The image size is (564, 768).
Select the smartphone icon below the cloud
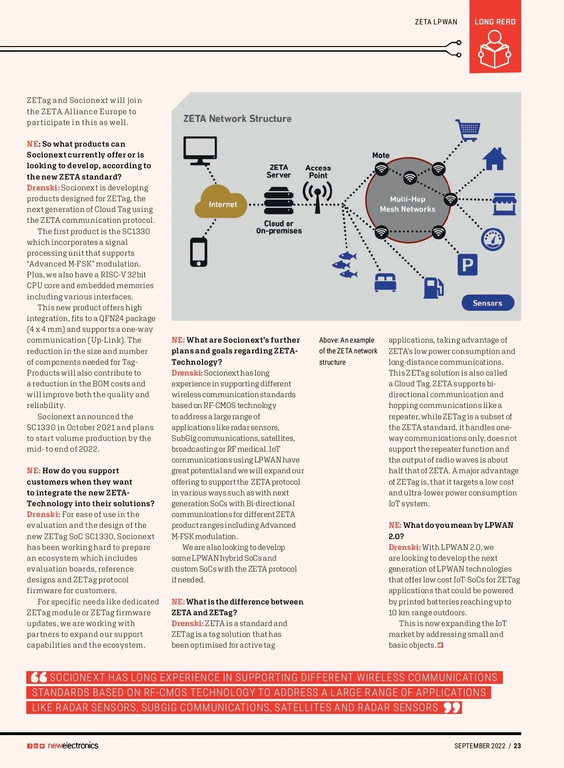pyautogui.click(x=198, y=252)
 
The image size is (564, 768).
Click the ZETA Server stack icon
pyautogui.click(x=279, y=201)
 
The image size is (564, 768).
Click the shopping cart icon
pyautogui.click(x=468, y=130)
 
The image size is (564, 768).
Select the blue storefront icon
pyautogui.click(x=504, y=204)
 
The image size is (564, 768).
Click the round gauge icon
pyautogui.click(x=493, y=239)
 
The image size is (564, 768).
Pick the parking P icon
pyautogui.click(x=468, y=265)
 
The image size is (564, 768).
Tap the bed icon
pyautogui.click(x=385, y=282)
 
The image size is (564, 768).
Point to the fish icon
pyautogui.click(x=346, y=264)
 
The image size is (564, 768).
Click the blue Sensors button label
pyautogui.click(x=487, y=303)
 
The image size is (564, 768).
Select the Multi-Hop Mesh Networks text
pyautogui.click(x=407, y=204)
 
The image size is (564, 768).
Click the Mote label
pyautogui.click(x=381, y=155)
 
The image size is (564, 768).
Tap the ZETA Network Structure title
pyautogui.click(x=237, y=118)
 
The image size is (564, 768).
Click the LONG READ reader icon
pyautogui.click(x=494, y=49)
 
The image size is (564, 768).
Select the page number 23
pyautogui.click(x=517, y=746)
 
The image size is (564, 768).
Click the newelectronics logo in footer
pyautogui.click(x=73, y=745)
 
